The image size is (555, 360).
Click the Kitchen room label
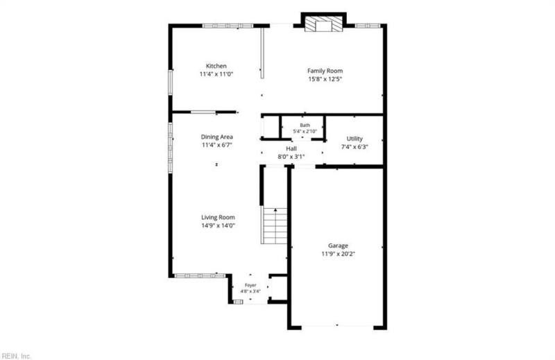pos(216,66)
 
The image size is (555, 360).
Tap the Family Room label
pos(325,71)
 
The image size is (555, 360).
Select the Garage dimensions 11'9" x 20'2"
pos(338,254)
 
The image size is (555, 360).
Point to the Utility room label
pos(355,139)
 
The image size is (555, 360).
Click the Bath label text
pos(305,126)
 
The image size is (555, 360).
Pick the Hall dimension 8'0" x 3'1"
pos(291,157)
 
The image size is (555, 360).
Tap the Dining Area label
pos(217,137)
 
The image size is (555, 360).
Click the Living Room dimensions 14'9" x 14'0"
pos(218,225)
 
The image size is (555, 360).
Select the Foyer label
pos(250,285)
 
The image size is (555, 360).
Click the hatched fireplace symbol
pos(324,24)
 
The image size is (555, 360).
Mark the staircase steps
pos(274,226)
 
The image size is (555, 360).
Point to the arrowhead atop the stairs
pos(275,210)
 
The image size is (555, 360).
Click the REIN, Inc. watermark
pos(16,356)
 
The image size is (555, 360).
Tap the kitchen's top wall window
pos(228,26)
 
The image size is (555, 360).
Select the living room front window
pos(200,275)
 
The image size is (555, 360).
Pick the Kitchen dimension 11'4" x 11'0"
pos(216,74)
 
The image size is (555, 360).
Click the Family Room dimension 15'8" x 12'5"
pos(325,79)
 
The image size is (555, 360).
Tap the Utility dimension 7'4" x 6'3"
pos(355,147)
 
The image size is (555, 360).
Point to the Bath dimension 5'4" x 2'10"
pos(305,131)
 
